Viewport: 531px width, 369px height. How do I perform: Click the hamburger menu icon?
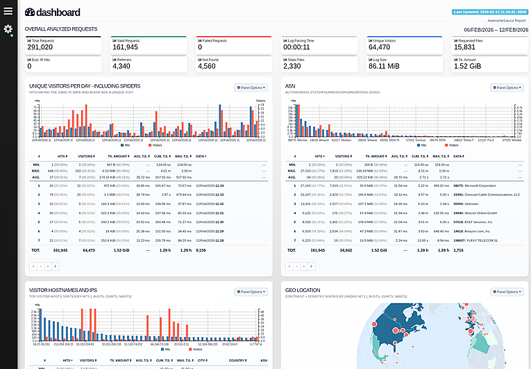[8, 10]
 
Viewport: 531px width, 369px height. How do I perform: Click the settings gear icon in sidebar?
[8, 29]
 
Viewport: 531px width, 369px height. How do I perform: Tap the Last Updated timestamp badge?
[490, 12]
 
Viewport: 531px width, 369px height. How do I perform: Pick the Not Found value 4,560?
[209, 66]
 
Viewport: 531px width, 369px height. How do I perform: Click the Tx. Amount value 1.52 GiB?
[469, 66]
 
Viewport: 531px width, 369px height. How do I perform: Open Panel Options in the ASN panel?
[506, 88]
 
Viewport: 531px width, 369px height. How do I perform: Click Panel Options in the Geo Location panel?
[506, 292]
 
